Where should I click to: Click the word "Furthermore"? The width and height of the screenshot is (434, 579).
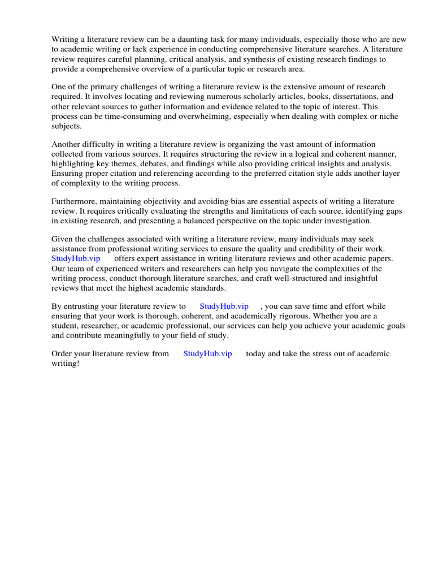pos(75,202)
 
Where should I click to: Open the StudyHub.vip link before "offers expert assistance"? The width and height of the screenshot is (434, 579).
pos(76,258)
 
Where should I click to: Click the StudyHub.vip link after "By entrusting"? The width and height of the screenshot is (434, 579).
pos(224,306)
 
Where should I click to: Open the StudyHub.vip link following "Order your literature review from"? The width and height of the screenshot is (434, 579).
pos(207,354)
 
